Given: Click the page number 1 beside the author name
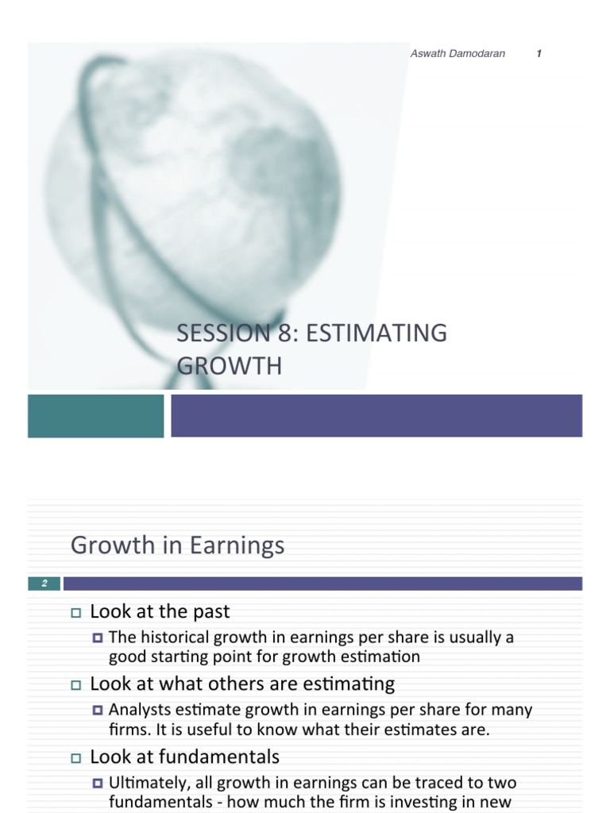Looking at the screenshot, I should click(x=539, y=54).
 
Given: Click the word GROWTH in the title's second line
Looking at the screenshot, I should click(x=229, y=366).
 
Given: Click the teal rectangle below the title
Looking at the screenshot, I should click(x=95, y=415).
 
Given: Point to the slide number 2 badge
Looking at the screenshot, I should click(x=44, y=584).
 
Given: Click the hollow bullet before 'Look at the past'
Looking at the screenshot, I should click(x=76, y=613).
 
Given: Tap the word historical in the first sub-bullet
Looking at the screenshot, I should click(x=170, y=637).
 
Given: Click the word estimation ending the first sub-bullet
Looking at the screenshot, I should click(x=382, y=657).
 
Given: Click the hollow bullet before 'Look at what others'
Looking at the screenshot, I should click(x=76, y=685).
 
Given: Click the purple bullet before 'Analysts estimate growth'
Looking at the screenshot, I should click(x=98, y=710).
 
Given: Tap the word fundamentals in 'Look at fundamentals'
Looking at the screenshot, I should click(x=225, y=757).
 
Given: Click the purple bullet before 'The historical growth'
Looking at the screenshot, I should click(x=98, y=638).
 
